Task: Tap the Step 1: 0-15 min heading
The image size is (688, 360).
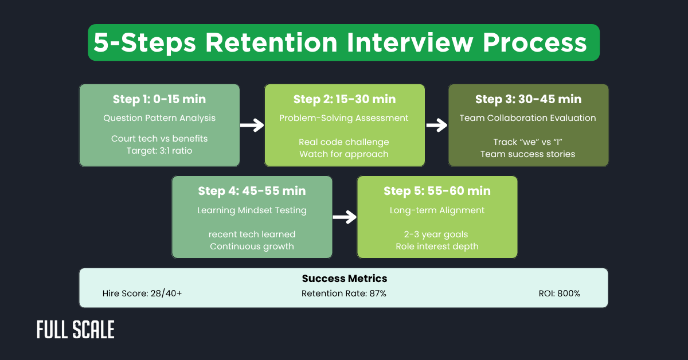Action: point(159,99)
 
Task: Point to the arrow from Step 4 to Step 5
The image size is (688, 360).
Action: point(345,217)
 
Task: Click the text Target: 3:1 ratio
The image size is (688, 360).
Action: point(159,151)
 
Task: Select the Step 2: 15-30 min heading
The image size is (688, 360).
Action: point(344,99)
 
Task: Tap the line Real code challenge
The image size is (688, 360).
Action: point(344,142)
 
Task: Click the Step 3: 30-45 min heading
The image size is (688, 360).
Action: point(528,99)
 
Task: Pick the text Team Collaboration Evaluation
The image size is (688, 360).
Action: point(528,118)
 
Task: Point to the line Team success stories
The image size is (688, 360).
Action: point(528,154)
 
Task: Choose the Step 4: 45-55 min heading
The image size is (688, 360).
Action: point(252,191)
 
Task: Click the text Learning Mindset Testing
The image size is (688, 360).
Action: point(252,210)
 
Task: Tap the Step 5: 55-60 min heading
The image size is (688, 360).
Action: point(437,191)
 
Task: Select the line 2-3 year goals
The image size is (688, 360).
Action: point(437,234)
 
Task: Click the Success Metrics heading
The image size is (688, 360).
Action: point(344,279)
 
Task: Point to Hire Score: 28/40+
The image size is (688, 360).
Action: point(141,294)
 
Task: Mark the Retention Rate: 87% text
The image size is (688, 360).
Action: point(344,294)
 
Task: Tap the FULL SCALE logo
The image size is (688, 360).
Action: point(76,330)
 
